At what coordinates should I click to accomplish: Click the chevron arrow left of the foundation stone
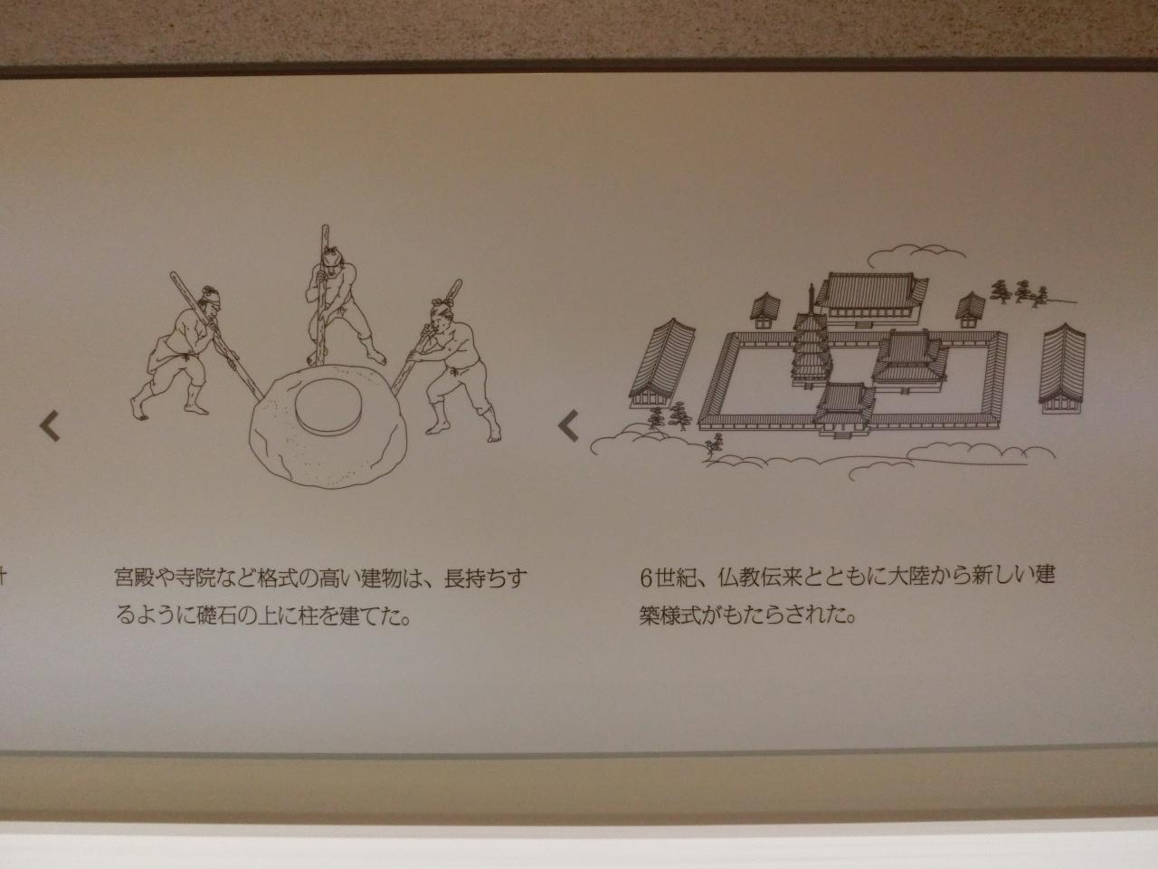click(x=49, y=425)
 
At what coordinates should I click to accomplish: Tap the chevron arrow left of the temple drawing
click(x=568, y=425)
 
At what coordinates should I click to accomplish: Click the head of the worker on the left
click(x=210, y=301)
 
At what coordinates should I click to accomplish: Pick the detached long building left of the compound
click(x=662, y=364)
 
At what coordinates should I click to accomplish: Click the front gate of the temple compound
click(x=844, y=409)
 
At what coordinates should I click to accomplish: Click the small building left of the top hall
click(x=765, y=310)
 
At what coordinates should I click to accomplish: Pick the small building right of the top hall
click(x=970, y=310)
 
